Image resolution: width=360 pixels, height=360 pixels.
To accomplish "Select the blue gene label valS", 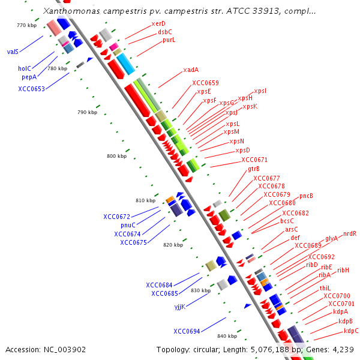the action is (x=13, y=52).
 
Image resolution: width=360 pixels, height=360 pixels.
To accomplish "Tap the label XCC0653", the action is (x=31, y=89).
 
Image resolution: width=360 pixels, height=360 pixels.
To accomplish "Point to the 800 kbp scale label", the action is (x=117, y=156).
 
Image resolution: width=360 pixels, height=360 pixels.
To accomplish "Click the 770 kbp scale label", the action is (x=27, y=25).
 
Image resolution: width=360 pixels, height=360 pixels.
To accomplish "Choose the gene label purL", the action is (x=169, y=40).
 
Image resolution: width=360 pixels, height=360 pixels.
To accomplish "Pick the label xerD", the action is (x=158, y=23).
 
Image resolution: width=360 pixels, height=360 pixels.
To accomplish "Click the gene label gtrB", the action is (x=254, y=169).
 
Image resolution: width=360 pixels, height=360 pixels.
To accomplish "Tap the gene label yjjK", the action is (x=179, y=307).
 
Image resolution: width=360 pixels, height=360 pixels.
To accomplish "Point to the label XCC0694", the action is (x=187, y=331).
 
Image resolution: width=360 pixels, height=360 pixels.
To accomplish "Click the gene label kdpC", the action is (x=351, y=331).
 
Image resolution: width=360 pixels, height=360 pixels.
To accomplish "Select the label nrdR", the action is (x=350, y=233).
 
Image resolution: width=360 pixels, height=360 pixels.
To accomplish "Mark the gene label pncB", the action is (x=306, y=196).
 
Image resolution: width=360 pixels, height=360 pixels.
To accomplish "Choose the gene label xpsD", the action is (x=242, y=150).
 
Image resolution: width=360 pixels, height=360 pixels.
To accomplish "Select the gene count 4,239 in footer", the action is (x=342, y=349).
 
